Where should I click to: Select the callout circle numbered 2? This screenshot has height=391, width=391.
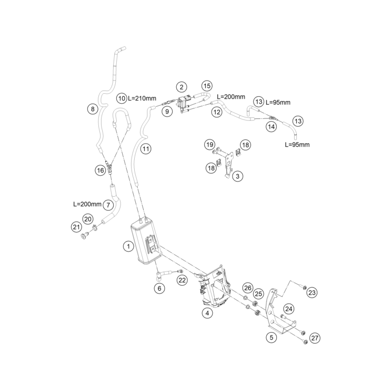coord(181,87)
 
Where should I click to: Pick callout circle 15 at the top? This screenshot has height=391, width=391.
coord(206,85)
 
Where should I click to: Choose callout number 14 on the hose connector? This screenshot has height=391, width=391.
coord(271,126)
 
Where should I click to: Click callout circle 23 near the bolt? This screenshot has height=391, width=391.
coord(312,292)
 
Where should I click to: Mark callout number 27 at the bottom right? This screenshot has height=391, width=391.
coord(315,337)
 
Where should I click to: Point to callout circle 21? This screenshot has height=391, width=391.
coord(76,227)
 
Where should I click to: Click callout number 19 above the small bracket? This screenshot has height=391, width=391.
coord(210,144)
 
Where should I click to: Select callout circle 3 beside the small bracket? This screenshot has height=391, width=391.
coord(238,176)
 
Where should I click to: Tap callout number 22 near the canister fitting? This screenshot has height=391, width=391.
coord(182,280)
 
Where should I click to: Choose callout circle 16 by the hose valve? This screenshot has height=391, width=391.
coord(100,170)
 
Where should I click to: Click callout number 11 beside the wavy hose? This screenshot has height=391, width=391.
coord(146,149)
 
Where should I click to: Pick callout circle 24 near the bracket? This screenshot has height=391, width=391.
coord(289,308)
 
